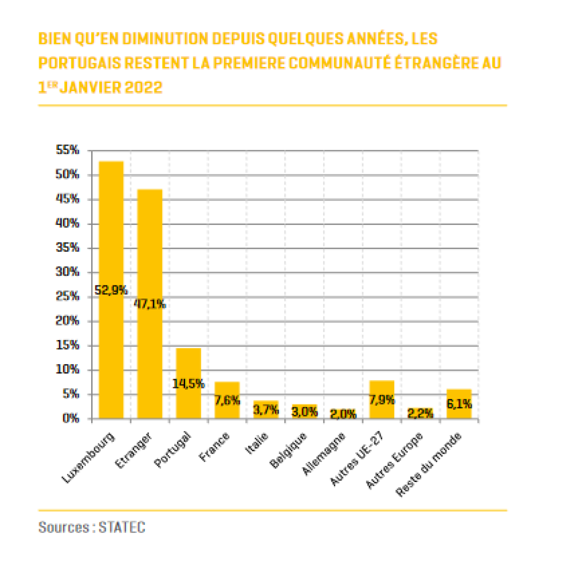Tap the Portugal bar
click(188, 368)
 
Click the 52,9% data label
click(111, 291)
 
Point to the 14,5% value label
click(188, 384)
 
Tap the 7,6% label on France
click(227, 401)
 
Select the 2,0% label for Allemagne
click(343, 414)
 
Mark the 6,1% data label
click(459, 404)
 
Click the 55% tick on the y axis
click(68, 150)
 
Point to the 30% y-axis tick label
click(68, 272)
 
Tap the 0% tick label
click(71, 418)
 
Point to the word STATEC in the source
click(122, 527)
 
